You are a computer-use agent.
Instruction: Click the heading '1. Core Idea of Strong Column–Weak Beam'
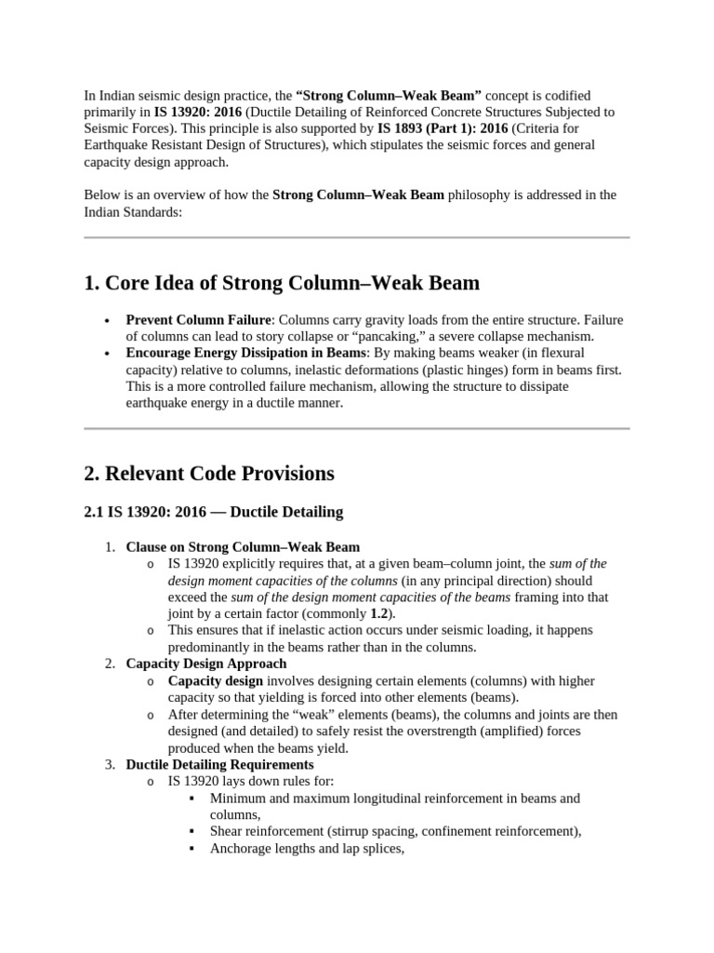[x=282, y=284]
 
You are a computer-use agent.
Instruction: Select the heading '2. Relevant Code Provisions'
[x=209, y=474]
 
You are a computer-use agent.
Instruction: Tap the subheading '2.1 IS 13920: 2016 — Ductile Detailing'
[x=213, y=512]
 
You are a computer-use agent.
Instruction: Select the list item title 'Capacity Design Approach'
[x=206, y=664]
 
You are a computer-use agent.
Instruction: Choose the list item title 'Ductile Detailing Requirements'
[x=219, y=765]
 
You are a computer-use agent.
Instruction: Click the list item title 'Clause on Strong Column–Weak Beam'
[x=243, y=547]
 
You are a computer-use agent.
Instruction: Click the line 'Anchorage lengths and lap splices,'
[x=307, y=849]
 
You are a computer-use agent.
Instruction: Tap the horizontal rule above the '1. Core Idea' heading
[x=357, y=238]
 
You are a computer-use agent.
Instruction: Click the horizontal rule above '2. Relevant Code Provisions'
[x=357, y=429]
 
